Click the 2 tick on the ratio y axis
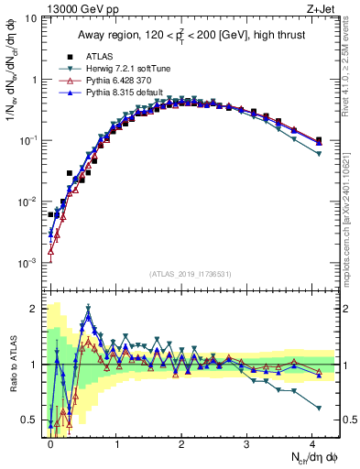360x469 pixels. coord(34,308)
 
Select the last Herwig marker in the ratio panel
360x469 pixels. coord(319,408)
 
